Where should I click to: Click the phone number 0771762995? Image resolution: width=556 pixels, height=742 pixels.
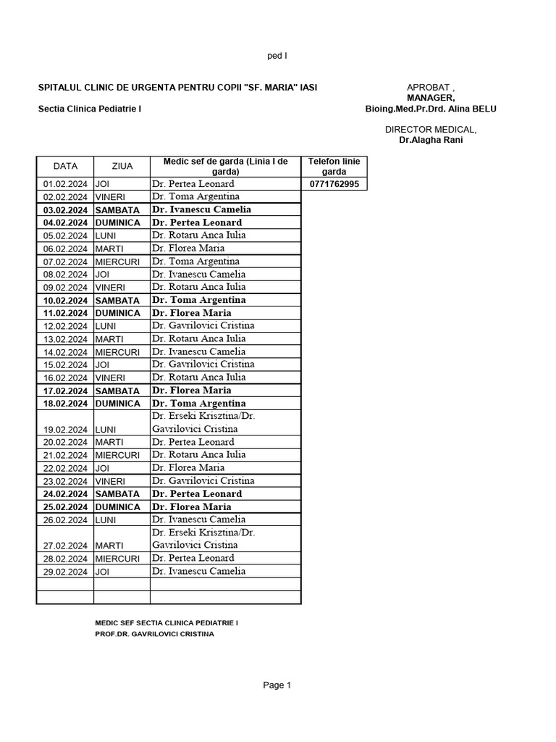click(x=334, y=184)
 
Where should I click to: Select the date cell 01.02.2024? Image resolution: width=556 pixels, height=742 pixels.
click(x=65, y=184)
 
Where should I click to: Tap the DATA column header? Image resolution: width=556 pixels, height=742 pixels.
click(x=65, y=166)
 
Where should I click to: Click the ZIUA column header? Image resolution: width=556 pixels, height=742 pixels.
click(x=122, y=166)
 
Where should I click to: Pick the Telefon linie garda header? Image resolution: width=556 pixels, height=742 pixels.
click(x=334, y=166)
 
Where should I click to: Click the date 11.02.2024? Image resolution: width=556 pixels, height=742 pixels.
click(x=65, y=313)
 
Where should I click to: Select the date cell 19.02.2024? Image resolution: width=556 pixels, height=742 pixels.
click(x=65, y=429)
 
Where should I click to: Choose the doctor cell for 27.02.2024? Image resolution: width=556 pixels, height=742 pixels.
click(x=203, y=538)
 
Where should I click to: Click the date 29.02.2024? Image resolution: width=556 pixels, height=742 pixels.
click(x=65, y=571)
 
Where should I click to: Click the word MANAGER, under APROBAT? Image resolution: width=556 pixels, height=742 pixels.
click(x=431, y=98)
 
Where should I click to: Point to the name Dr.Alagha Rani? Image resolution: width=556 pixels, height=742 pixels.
click(x=431, y=140)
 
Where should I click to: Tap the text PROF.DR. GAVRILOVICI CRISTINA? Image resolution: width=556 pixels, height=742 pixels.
click(x=154, y=634)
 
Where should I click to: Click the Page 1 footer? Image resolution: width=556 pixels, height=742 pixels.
click(x=277, y=685)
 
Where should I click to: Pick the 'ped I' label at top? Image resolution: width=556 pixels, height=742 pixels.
click(x=278, y=56)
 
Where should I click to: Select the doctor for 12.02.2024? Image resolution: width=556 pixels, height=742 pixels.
click(x=198, y=325)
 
